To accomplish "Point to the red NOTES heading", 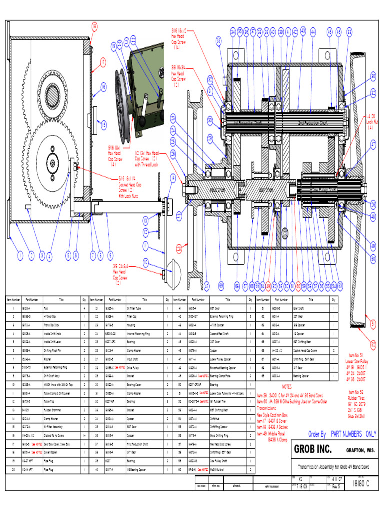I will [x=287, y=386].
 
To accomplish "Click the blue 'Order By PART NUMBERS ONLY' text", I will [x=342, y=434].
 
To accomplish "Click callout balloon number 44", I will [x=313, y=32].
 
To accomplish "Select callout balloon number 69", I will [x=221, y=286].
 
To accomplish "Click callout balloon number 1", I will [x=20, y=256].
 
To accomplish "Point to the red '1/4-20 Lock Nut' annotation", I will [x=370, y=120].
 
